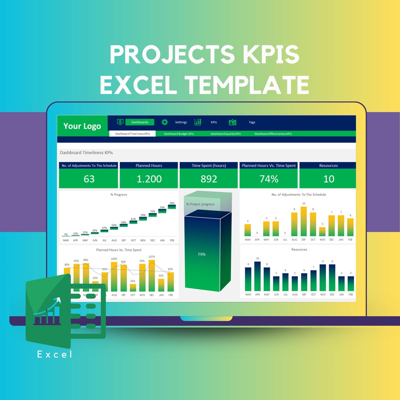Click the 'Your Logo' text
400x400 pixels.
pos(82,126)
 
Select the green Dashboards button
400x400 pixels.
pos(140,122)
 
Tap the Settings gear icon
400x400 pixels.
pos(165,122)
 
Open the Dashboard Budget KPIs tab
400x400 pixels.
pos(179,134)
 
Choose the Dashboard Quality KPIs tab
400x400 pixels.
pos(226,134)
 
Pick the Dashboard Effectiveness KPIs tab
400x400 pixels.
pos(273,134)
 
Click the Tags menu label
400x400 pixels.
pos(252,122)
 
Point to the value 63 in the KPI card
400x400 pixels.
pos(89,179)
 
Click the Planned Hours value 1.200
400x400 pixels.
pos(149,179)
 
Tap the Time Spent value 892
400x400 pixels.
pos(209,179)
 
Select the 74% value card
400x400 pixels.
pos(269,179)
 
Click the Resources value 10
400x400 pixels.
pos(328,179)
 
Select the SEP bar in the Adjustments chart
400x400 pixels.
pos(304,222)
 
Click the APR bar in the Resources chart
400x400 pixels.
pos(258,276)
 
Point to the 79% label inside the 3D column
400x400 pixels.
pos(202,254)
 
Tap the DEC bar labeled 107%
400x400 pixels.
pos(152,276)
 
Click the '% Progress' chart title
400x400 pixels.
pos(119,194)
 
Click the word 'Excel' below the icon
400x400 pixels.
pos(55,354)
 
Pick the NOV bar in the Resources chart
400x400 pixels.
pos(323,278)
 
